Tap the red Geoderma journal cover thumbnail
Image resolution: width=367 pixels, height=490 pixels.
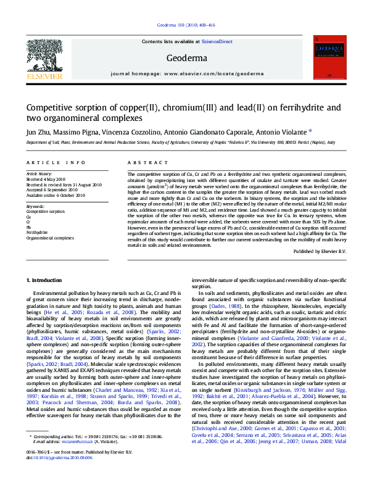(x=330, y=56)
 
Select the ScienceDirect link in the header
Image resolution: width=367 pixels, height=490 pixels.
(x=217, y=41)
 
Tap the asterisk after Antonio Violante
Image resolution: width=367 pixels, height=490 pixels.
(x=310, y=131)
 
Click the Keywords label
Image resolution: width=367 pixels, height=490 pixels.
(x=35, y=206)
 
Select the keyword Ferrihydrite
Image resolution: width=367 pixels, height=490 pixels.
(x=36, y=232)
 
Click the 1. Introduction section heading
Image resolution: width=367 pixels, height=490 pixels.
(x=44, y=280)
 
